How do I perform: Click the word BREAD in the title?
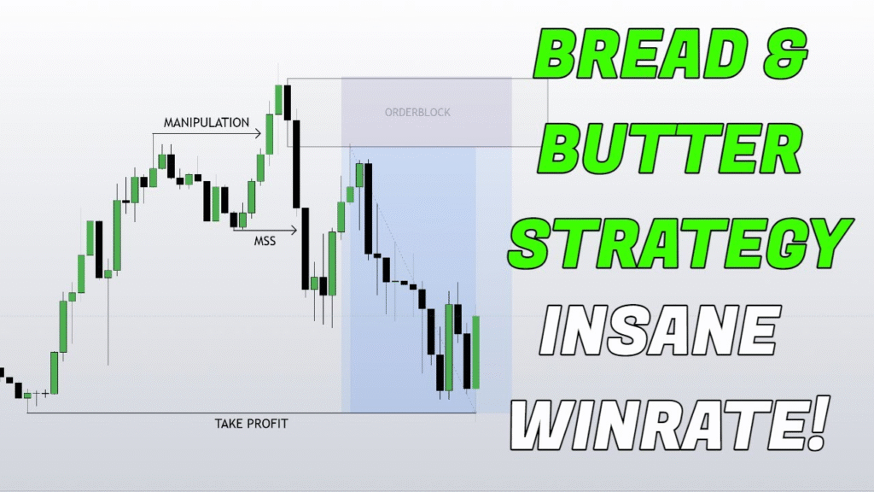pyautogui.click(x=639, y=55)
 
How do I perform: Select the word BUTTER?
pyautogui.click(x=669, y=147)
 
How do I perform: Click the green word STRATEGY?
pyautogui.click(x=680, y=243)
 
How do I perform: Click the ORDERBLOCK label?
pyautogui.click(x=417, y=112)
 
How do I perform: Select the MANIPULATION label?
pyautogui.click(x=207, y=123)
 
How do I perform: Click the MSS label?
pyautogui.click(x=265, y=241)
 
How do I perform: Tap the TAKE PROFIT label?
pyautogui.click(x=252, y=424)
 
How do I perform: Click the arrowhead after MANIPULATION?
pyautogui.click(x=258, y=133)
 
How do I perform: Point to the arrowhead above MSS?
pyautogui.click(x=294, y=229)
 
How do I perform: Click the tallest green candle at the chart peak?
pyautogui.click(x=278, y=99)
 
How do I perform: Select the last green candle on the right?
pyautogui.click(x=476, y=351)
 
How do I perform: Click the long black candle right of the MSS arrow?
pyautogui.click(x=305, y=249)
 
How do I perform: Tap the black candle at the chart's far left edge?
pyautogui.click(x=2, y=372)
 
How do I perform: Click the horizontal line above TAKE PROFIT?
pyautogui.click(x=252, y=413)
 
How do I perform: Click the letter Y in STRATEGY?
pyautogui.click(x=826, y=243)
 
